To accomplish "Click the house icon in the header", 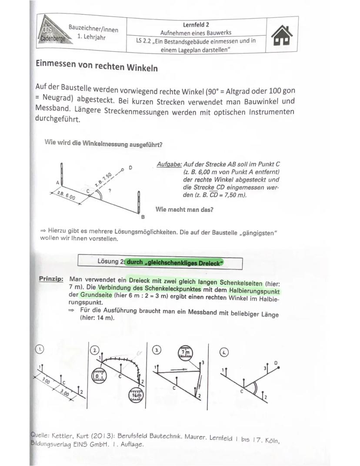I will pyautogui.click(x=283, y=34).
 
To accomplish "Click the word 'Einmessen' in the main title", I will pyautogui.click(x=56, y=64).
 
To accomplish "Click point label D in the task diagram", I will pyautogui.click(x=130, y=168).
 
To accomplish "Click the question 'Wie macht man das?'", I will pyautogui.click(x=184, y=209).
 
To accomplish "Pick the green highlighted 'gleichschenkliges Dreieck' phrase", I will pyautogui.click(x=175, y=263).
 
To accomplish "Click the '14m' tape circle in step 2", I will pyautogui.click(x=135, y=395).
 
